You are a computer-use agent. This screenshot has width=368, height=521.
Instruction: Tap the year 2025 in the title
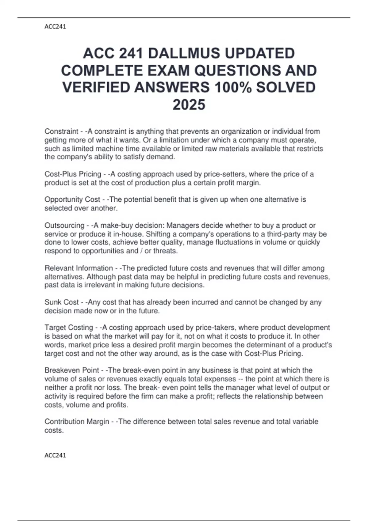point(189,105)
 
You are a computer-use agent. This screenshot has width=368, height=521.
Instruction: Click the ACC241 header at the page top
point(55,27)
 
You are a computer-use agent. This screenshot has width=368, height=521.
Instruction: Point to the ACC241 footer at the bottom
point(55,455)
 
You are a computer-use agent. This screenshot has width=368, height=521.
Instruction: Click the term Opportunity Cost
point(72,200)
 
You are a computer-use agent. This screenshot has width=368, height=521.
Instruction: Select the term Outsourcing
point(64,226)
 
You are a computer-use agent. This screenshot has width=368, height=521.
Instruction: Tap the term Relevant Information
point(79,268)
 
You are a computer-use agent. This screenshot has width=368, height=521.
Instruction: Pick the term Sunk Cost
point(62,302)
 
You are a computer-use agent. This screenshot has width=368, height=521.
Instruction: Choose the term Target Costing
point(69,328)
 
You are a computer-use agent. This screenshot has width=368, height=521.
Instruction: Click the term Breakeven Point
point(72,370)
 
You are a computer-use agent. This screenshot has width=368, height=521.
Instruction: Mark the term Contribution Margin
point(77,422)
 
